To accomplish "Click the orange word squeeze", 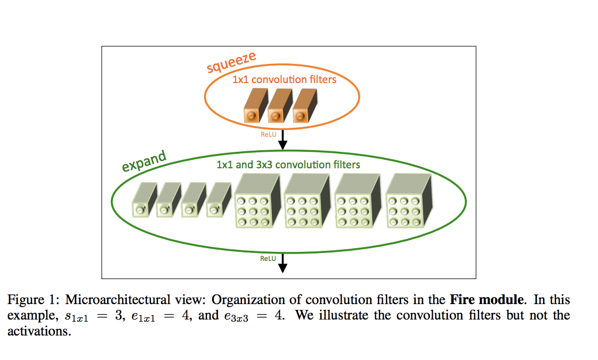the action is (x=231, y=62).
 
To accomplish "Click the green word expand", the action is (x=144, y=161).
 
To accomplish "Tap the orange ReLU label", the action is (x=269, y=135).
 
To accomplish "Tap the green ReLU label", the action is (x=268, y=259).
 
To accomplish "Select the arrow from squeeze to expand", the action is (x=282, y=140).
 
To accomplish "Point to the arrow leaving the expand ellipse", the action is (x=282, y=263).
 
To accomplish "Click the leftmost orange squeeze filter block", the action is (x=256, y=105).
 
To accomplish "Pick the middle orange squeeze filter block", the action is (x=280, y=105).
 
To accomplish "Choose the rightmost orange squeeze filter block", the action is (x=305, y=105).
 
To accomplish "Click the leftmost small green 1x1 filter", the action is (x=144, y=200).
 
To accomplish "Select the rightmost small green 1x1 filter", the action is (x=219, y=200).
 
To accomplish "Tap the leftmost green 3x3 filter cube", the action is (x=258, y=201).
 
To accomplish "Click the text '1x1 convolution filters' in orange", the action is (x=285, y=80).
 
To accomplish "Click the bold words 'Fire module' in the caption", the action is (x=487, y=300).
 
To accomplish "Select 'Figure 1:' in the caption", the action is (x=34, y=300).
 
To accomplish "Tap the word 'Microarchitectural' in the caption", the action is (x=118, y=300).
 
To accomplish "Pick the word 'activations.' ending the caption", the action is (x=39, y=331).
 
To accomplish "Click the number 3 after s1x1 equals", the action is (x=118, y=315).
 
